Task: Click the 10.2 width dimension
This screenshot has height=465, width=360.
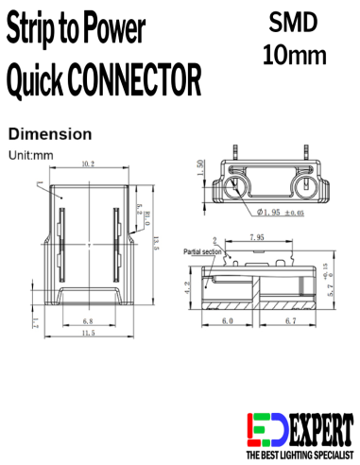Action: (x=87, y=164)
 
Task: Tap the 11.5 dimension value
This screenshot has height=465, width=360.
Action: (x=88, y=334)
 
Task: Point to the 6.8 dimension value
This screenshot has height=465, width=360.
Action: (x=88, y=321)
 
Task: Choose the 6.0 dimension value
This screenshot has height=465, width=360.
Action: (x=228, y=321)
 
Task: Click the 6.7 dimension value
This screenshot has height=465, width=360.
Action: (x=291, y=321)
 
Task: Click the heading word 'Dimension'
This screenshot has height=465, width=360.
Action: (x=49, y=133)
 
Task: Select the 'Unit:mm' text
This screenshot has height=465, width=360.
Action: (x=30, y=154)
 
